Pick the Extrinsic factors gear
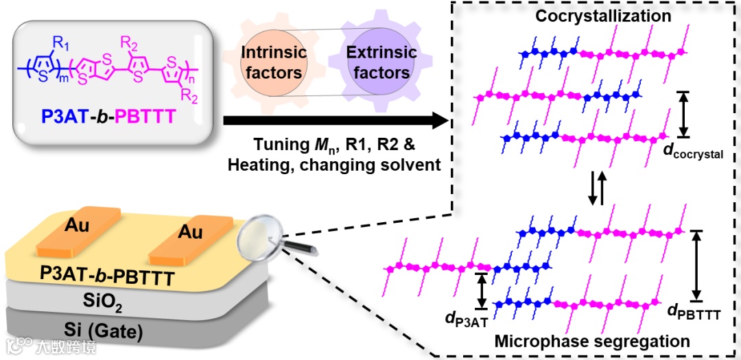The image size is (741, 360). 381,62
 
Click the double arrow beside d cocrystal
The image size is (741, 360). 683,113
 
